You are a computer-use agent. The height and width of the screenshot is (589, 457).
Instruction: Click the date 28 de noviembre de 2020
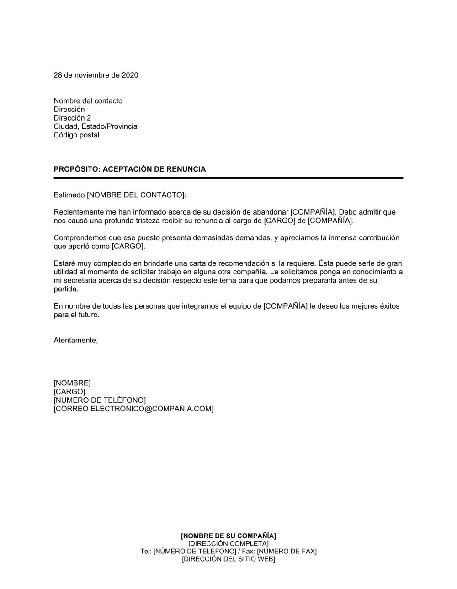pos(96,75)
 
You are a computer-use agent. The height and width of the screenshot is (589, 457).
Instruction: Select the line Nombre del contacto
pos(88,101)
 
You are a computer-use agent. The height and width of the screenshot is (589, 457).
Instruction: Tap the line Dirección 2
pos(72,118)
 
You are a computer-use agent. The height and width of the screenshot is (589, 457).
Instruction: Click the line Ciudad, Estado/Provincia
pos(96,126)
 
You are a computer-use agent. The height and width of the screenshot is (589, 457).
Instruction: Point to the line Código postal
pos(76,135)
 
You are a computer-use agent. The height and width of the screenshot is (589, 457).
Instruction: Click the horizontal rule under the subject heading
pos(228,178)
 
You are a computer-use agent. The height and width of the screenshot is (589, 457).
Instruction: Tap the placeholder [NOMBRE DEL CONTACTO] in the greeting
pos(136,195)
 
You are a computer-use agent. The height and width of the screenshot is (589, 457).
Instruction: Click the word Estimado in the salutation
pos(69,195)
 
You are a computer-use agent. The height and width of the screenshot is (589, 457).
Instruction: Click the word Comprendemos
pos(80,238)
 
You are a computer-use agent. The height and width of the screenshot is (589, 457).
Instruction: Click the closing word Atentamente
pos(76,340)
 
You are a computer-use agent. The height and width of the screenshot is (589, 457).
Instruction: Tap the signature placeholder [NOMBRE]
pos(72,383)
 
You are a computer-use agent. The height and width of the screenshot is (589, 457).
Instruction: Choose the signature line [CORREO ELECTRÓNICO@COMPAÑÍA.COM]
pos(133,409)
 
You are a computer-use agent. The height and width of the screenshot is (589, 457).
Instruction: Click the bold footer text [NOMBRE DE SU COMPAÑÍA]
pos(228,536)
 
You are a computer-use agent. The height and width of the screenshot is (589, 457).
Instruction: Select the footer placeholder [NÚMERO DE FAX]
pos(287,551)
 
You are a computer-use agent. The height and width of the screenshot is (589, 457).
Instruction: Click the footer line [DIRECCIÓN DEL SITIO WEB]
pos(228,559)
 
